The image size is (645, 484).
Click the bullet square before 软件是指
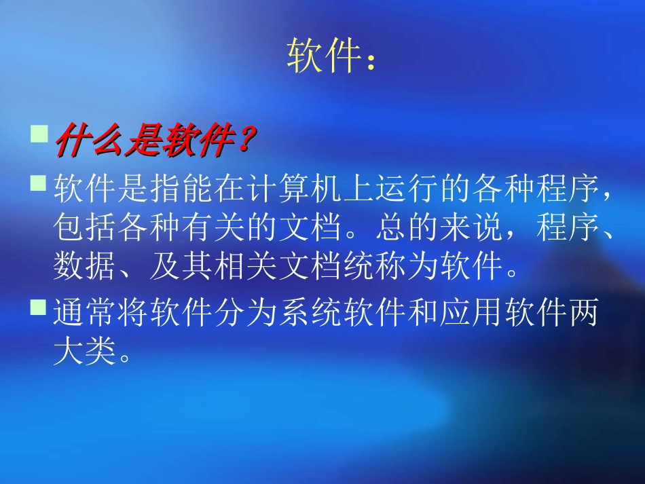pos(40,183)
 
